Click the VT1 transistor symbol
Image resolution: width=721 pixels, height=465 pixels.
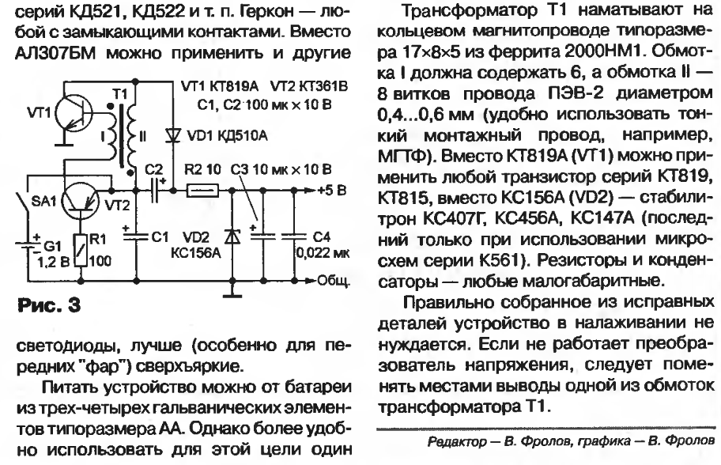click(74, 112)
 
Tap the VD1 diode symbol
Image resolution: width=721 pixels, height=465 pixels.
click(173, 135)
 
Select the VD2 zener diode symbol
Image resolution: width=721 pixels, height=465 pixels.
click(232, 236)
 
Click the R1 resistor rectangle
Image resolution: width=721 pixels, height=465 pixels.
click(81, 250)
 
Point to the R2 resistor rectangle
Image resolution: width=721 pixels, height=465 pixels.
click(202, 190)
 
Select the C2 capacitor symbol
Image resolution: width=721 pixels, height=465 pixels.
click(157, 190)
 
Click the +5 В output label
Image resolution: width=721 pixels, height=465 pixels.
click(331, 190)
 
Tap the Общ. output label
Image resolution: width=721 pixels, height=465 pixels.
click(334, 280)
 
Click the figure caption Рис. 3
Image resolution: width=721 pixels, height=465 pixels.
click(49, 305)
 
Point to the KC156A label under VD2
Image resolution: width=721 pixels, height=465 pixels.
click(196, 252)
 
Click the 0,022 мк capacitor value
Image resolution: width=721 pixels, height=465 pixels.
click(323, 252)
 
